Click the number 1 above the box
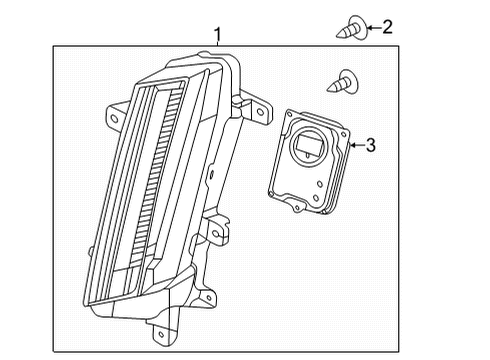[x=217, y=35]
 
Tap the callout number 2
[x=388, y=27]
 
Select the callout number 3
[x=370, y=146]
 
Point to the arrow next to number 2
[x=370, y=27]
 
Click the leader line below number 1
[x=217, y=47]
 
